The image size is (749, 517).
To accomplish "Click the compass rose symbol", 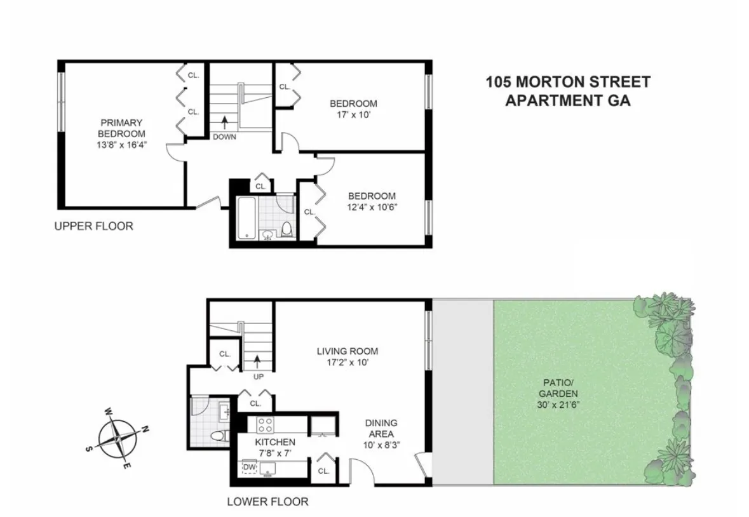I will tap(119, 438).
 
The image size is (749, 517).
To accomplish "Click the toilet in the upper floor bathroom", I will tap(287, 228).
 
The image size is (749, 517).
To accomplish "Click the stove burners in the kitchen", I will tap(264, 423).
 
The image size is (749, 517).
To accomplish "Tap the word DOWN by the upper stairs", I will tap(224, 137).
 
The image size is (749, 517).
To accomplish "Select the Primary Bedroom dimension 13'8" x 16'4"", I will tap(121, 144).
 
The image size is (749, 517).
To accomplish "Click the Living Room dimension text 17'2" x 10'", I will tap(348, 362).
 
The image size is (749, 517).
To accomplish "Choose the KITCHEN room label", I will tap(274, 442).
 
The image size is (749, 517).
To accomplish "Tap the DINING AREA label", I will tap(381, 429).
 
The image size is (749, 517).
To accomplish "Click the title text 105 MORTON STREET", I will tap(567, 82).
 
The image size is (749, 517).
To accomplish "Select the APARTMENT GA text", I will tap(567, 100).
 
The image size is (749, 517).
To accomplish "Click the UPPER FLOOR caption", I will tap(93, 226).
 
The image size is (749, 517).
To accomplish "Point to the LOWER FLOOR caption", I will tap(267, 502).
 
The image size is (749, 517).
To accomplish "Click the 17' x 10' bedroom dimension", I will tap(353, 115).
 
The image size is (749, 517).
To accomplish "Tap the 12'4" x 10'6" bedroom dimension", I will tap(371, 207).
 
